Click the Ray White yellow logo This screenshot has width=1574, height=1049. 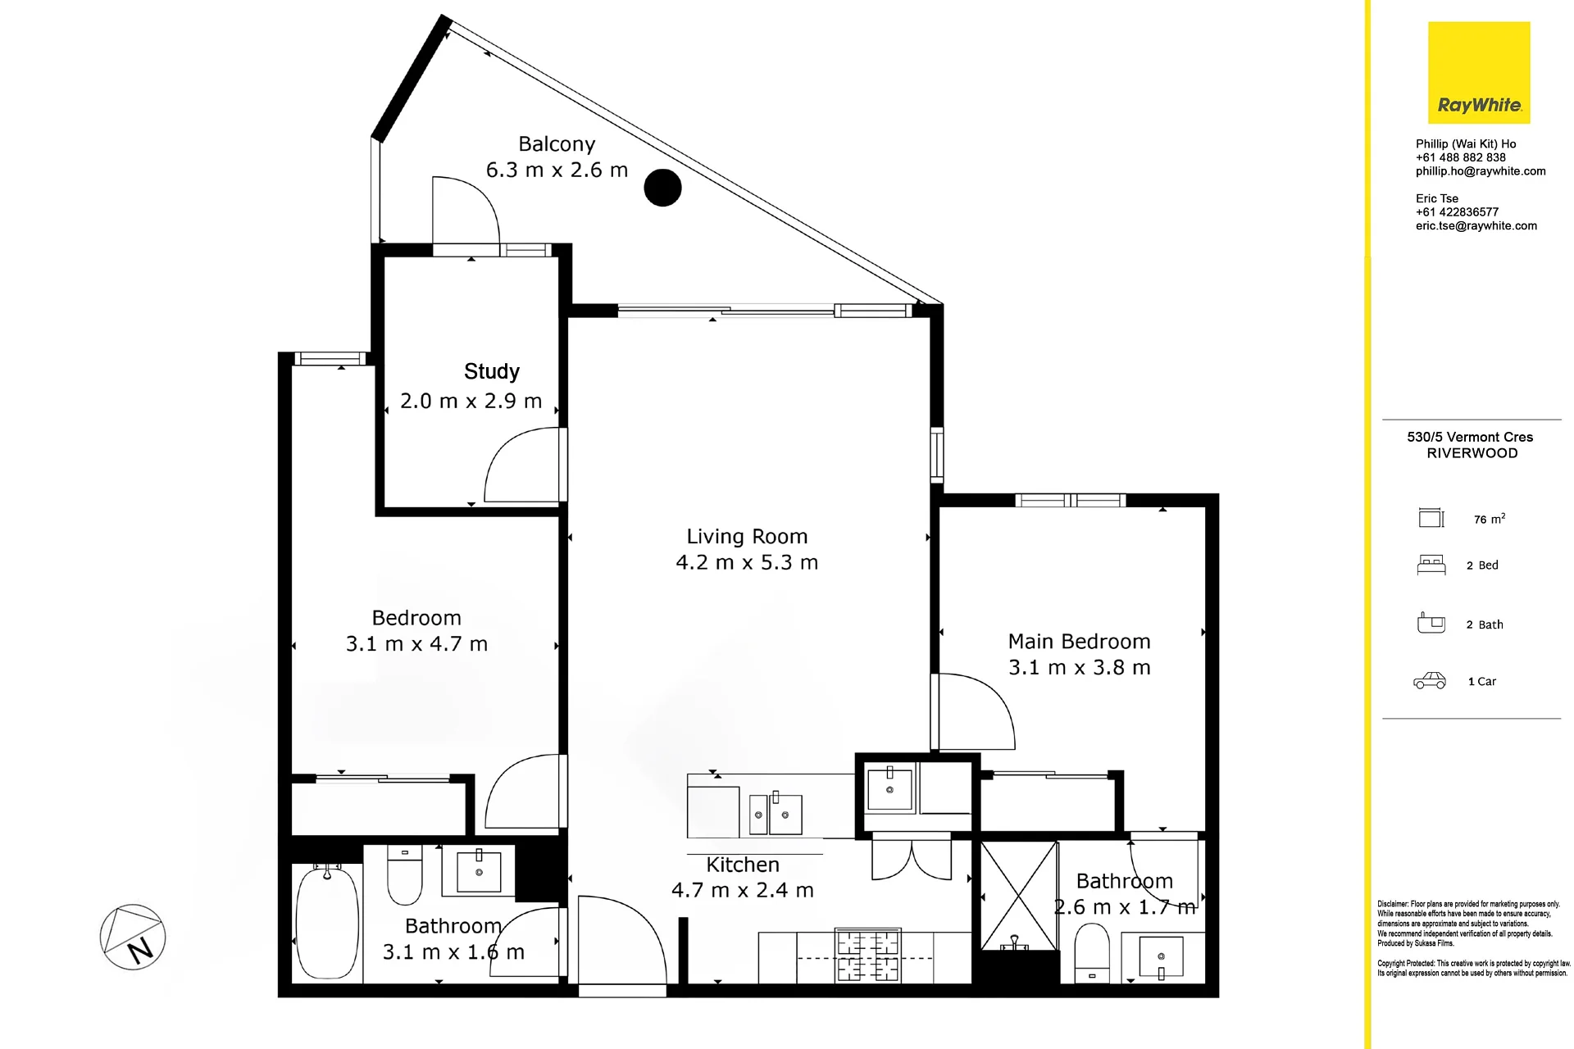click(1479, 73)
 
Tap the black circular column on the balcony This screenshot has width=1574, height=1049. click(662, 188)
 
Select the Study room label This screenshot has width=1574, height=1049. click(492, 372)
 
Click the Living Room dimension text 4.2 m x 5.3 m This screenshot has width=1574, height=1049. click(747, 562)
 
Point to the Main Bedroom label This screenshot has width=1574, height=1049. click(1079, 641)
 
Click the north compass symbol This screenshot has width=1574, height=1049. click(133, 937)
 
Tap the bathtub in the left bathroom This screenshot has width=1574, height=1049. click(327, 922)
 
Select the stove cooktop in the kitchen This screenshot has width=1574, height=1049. click(867, 956)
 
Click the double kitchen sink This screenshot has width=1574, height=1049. click(776, 814)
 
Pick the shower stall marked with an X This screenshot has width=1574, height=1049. click(1019, 896)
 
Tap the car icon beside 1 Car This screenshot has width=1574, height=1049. click(1430, 680)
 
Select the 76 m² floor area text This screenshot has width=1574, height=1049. click(1490, 519)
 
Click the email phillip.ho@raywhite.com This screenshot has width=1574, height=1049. click(1481, 171)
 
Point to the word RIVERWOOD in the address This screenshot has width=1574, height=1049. click(1472, 453)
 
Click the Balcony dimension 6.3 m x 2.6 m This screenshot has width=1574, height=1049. click(557, 170)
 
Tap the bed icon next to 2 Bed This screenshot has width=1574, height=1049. click(1431, 565)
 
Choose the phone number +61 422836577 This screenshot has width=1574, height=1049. click(1457, 211)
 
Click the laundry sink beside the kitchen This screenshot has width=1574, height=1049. click(890, 788)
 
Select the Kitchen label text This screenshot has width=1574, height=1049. click(743, 865)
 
